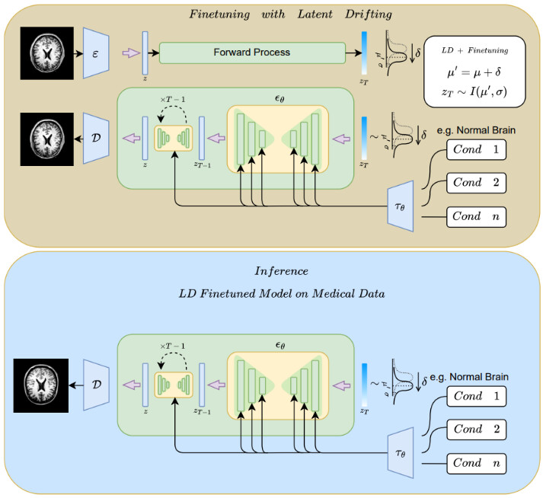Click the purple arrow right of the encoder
pos(131,53)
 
